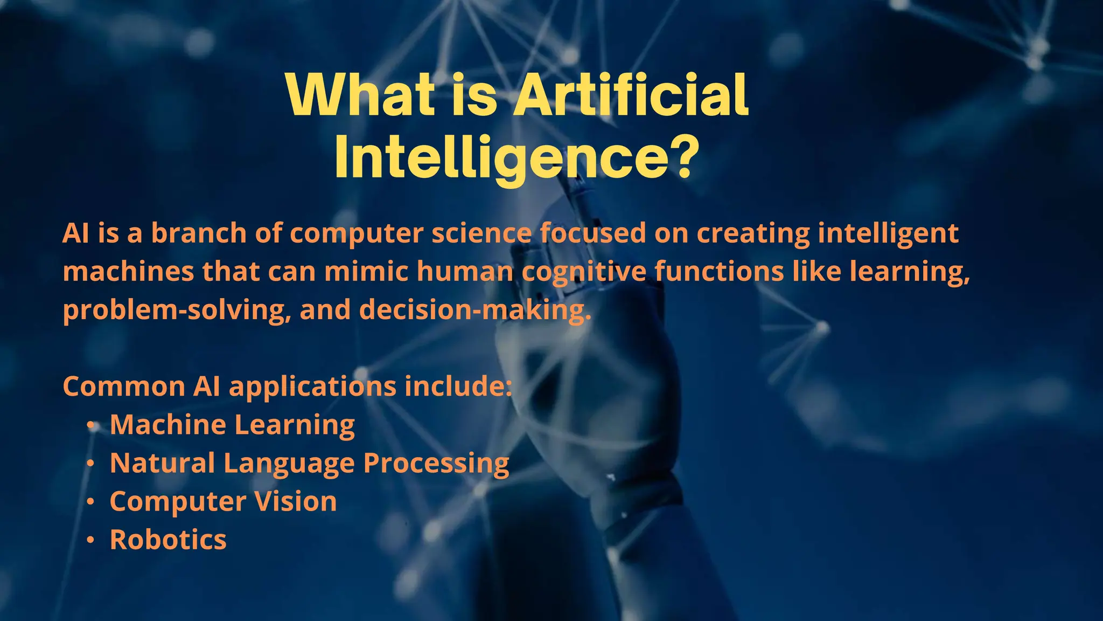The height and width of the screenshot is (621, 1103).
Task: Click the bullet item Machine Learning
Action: [x=232, y=424]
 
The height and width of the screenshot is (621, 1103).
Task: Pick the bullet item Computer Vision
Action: [x=223, y=501]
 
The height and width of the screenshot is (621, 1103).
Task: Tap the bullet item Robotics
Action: [x=168, y=539]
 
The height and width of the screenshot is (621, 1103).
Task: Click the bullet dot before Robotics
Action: [x=92, y=540]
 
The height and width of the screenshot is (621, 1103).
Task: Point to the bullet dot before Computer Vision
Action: [x=92, y=501]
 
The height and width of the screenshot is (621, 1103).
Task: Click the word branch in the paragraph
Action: [x=198, y=233]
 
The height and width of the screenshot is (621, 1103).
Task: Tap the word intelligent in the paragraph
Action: [x=888, y=233]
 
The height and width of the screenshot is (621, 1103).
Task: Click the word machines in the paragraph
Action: [x=128, y=271]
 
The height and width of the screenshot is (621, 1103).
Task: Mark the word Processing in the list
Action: [x=436, y=463]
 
